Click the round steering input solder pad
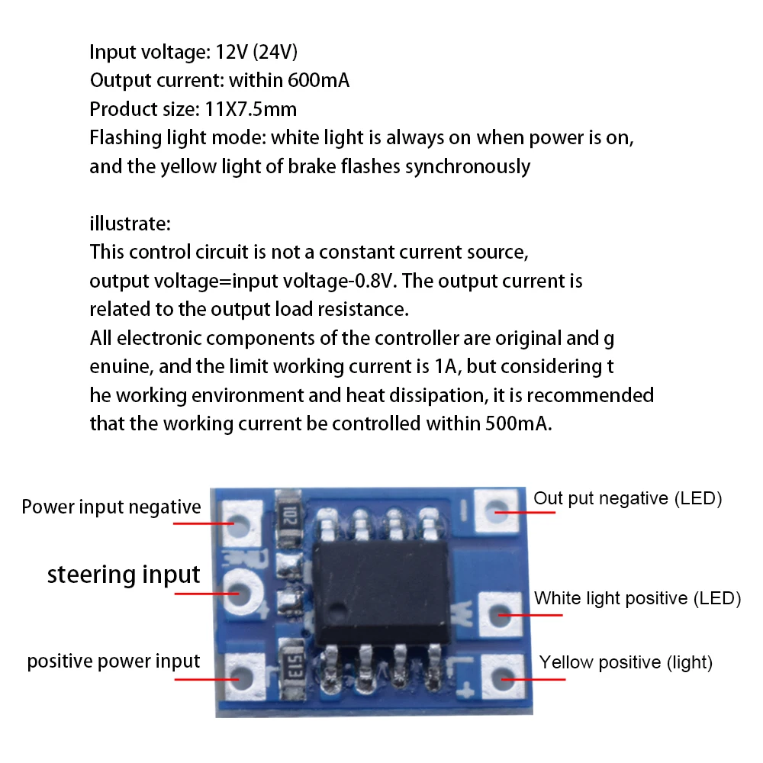[240, 591]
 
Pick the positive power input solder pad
[240, 674]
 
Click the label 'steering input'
[124, 575]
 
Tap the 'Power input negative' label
[111, 507]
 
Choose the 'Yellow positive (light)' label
[626, 662]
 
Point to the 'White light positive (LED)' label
[637, 597]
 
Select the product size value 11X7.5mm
[251, 108]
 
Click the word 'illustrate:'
[130, 224]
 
